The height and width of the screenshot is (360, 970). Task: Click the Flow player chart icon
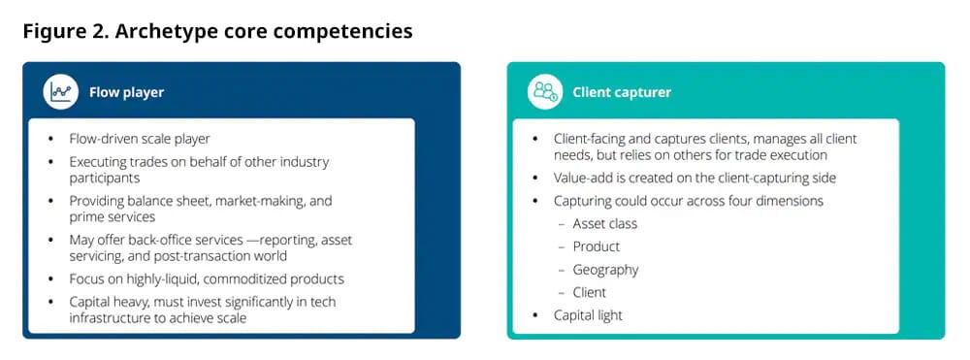click(x=60, y=91)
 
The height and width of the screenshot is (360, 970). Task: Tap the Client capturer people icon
click(x=545, y=91)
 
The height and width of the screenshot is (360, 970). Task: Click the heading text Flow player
click(x=126, y=93)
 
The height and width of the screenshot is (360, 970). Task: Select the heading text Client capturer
click(x=622, y=92)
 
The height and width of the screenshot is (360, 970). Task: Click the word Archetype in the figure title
click(x=159, y=32)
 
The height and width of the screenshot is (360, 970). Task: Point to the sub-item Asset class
click(x=605, y=223)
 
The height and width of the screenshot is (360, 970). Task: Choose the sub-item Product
click(x=597, y=246)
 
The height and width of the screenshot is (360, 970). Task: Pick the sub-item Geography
click(x=605, y=270)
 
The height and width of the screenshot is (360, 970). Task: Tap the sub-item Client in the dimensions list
click(x=590, y=292)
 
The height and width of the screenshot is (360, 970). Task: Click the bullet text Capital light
click(x=589, y=315)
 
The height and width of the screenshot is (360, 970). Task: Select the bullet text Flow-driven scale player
click(x=140, y=139)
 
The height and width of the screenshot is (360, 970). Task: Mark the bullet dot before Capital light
click(x=535, y=316)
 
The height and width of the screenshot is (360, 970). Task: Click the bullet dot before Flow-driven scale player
click(x=51, y=139)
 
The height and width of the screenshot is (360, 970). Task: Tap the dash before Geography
click(x=562, y=271)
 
